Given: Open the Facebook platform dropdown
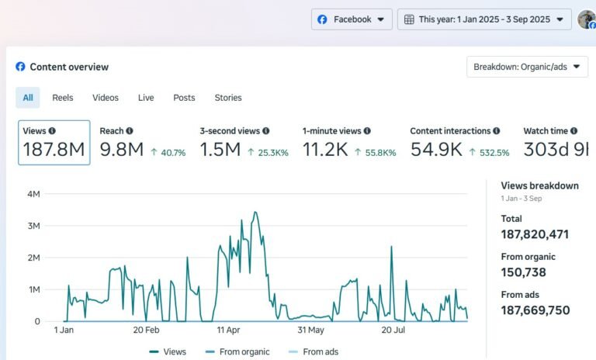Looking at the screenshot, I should (352, 19).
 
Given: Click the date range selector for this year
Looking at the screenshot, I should (483, 19).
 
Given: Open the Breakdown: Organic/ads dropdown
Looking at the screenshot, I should (527, 67).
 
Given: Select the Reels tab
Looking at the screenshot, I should (63, 98).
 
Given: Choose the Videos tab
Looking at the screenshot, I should (106, 98).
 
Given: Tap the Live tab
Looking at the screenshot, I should (146, 98).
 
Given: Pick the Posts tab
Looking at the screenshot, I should (184, 98).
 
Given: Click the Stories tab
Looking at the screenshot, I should (228, 98).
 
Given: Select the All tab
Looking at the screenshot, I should (28, 98).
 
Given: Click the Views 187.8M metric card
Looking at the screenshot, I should (54, 143).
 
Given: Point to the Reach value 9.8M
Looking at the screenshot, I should (122, 150).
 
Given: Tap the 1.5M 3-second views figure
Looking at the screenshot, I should (220, 150).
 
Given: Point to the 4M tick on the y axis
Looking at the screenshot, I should (33, 194).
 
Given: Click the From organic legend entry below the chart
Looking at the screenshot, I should (237, 351).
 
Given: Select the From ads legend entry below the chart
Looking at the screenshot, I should (316, 351).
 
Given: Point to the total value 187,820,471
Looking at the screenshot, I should (535, 234).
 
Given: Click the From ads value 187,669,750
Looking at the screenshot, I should (535, 310).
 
